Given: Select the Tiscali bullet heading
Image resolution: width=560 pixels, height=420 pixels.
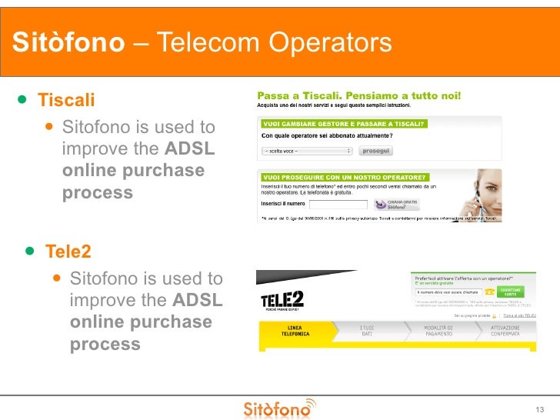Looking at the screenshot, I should pyautogui.click(x=66, y=100).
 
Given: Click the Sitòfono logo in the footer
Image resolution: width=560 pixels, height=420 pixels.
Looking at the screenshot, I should pyautogui.click(x=279, y=408).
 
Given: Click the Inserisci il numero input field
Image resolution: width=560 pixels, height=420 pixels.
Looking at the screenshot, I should pyautogui.click(x=338, y=204).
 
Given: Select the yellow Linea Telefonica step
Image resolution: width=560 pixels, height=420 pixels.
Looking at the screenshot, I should pyautogui.click(x=299, y=332).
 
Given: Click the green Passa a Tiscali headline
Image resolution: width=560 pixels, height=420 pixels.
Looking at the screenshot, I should pyautogui.click(x=359, y=96).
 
